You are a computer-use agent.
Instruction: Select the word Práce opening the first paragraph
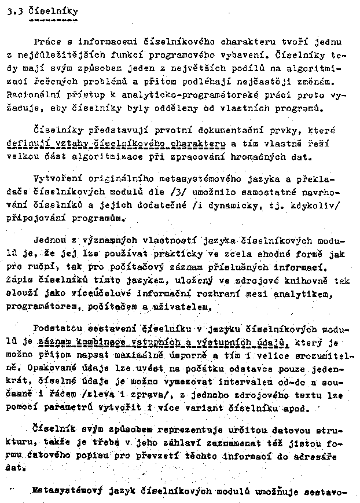[x=47, y=42]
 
